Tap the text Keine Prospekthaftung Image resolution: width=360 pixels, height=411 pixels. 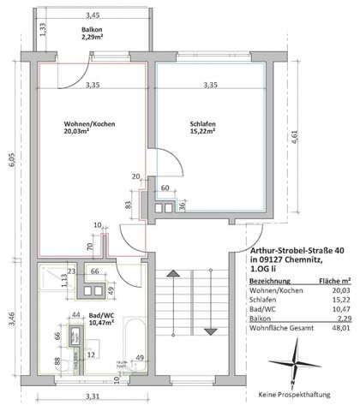[295, 395]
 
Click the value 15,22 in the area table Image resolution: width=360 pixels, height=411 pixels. [339, 299]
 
